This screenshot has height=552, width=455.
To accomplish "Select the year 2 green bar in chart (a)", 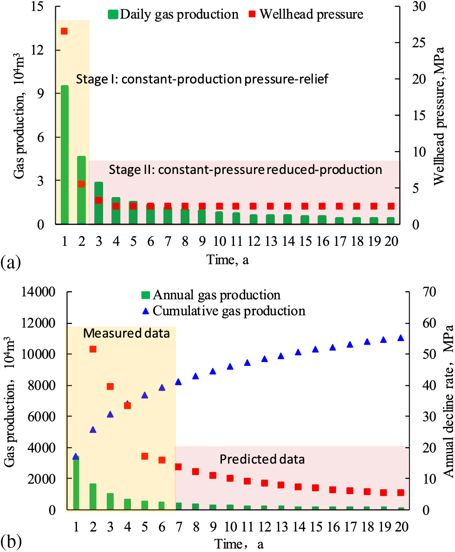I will coord(82,190).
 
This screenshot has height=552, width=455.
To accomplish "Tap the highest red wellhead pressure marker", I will coord(65,31).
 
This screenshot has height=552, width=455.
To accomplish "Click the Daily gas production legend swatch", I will coord(113,14).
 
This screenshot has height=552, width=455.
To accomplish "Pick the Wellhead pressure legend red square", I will coord(251,14).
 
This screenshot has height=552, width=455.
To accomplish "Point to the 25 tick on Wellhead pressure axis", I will coord(419,42).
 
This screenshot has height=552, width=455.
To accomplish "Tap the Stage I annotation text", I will coord(202,79).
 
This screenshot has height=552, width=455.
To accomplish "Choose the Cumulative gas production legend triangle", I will coord(145,310).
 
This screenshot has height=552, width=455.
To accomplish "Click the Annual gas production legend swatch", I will coord(145,295).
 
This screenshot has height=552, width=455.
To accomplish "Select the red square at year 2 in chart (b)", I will coord(93,349).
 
